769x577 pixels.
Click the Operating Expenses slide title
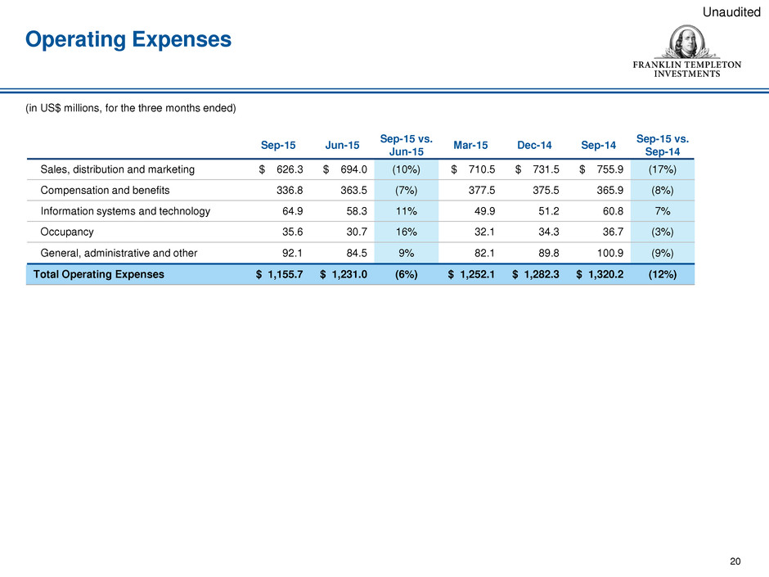tap(128, 40)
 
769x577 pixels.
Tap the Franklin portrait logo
tap(686, 43)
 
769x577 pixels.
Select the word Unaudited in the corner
tap(731, 12)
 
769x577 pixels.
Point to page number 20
tap(735, 561)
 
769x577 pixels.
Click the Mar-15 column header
tap(470, 145)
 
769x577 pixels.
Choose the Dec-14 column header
tap(534, 145)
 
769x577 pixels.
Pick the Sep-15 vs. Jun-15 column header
tap(406, 145)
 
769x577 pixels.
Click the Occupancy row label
tap(67, 232)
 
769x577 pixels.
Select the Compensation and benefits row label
tap(105, 191)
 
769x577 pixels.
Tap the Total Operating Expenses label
tap(98, 274)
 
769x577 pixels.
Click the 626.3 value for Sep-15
tap(290, 169)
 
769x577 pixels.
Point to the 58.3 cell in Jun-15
tap(356, 211)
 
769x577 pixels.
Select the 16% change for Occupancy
tap(406, 232)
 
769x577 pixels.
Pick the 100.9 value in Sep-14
tap(610, 253)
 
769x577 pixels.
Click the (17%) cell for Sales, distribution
tap(662, 169)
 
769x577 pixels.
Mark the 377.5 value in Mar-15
tap(482, 191)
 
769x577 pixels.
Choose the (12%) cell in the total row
tap(662, 274)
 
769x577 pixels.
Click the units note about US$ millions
tap(131, 108)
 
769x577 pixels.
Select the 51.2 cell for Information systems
tap(548, 211)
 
